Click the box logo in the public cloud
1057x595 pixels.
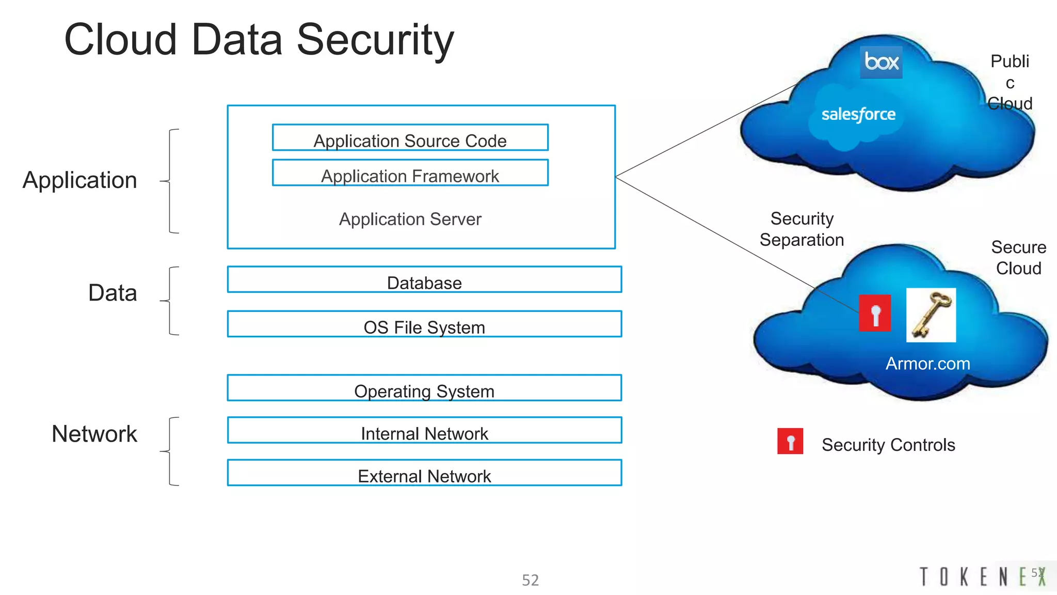coord(881,62)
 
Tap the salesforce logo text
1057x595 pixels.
coord(858,114)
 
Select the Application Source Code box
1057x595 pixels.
coord(410,138)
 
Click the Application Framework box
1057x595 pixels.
coord(410,173)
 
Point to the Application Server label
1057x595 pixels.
coord(410,219)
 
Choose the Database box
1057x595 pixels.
coord(424,280)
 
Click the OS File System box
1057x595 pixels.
coord(424,324)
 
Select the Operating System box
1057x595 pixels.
coord(424,388)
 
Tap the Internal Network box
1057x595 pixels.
coord(424,431)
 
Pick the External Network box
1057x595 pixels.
coord(424,473)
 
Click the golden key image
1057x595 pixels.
coord(931,315)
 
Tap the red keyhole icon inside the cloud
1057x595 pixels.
coord(875,313)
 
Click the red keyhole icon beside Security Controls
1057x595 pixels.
coord(790,442)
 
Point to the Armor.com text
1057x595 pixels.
coord(927,364)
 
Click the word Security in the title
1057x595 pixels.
coord(375,40)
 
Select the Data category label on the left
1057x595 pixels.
coord(113,293)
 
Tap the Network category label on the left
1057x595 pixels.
coord(94,434)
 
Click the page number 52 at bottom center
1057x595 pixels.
coord(530,580)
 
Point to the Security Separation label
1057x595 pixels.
coord(802,229)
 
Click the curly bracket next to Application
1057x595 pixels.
coord(170,181)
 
